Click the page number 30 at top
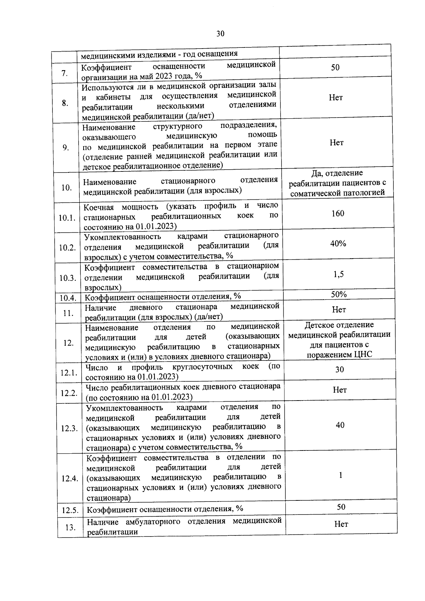point(220,34)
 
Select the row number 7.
point(64,73)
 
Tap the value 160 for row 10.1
point(338,213)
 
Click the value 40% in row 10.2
point(338,243)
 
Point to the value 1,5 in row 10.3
point(338,274)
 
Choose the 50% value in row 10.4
point(339,294)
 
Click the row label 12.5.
point(69,510)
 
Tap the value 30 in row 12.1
point(339,369)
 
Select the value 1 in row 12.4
point(340,475)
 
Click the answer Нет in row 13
point(341,524)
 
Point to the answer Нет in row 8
point(335,97)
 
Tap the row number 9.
point(66,148)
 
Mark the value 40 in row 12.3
point(340,425)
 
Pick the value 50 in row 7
point(335,67)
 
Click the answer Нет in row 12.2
point(340,390)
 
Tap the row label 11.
point(68,313)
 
